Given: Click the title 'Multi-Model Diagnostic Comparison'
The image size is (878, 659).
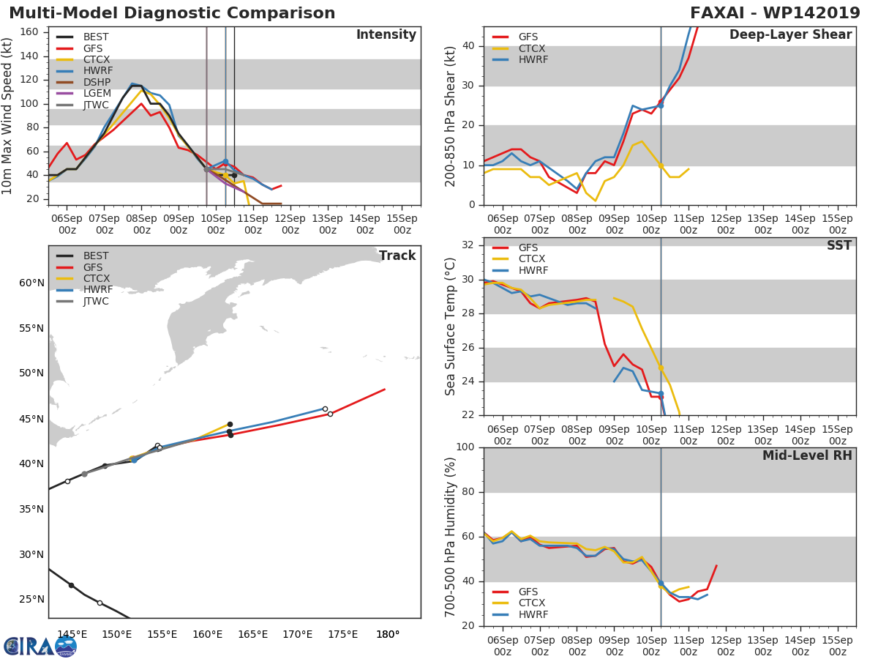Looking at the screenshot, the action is pyautogui.click(x=172, y=12).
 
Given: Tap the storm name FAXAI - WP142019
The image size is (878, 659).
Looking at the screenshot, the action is pyautogui.click(x=775, y=12).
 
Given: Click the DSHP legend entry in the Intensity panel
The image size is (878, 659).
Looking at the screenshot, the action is pyautogui.click(x=83, y=82).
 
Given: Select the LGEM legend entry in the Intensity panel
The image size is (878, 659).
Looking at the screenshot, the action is pyautogui.click(x=83, y=93).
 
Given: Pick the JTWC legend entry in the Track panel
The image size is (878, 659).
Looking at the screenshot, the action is pyautogui.click(x=83, y=301).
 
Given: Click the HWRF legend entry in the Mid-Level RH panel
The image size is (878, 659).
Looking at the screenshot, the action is pyautogui.click(x=519, y=614).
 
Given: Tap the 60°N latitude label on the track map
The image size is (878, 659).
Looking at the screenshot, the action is pyautogui.click(x=31, y=283).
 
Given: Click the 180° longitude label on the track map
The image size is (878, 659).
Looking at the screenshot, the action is pyautogui.click(x=388, y=634).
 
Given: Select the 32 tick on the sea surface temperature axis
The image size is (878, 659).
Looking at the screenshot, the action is pyautogui.click(x=468, y=245).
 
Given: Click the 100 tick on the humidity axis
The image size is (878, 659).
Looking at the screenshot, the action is pyautogui.click(x=465, y=447).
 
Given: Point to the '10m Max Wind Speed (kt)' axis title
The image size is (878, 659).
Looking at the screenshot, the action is pyautogui.click(x=7, y=116).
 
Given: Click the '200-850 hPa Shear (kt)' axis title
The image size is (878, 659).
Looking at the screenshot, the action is pyautogui.click(x=451, y=116).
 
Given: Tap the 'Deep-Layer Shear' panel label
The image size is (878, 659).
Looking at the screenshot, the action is pyautogui.click(x=790, y=35).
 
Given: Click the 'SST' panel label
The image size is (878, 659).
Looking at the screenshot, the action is pyautogui.click(x=838, y=245).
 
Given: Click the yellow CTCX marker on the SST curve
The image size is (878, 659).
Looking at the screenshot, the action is pyautogui.click(x=661, y=368).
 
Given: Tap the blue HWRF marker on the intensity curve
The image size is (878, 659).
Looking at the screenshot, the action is pyautogui.click(x=225, y=162).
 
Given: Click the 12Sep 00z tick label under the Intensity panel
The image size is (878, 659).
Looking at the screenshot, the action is pyautogui.click(x=290, y=225).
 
